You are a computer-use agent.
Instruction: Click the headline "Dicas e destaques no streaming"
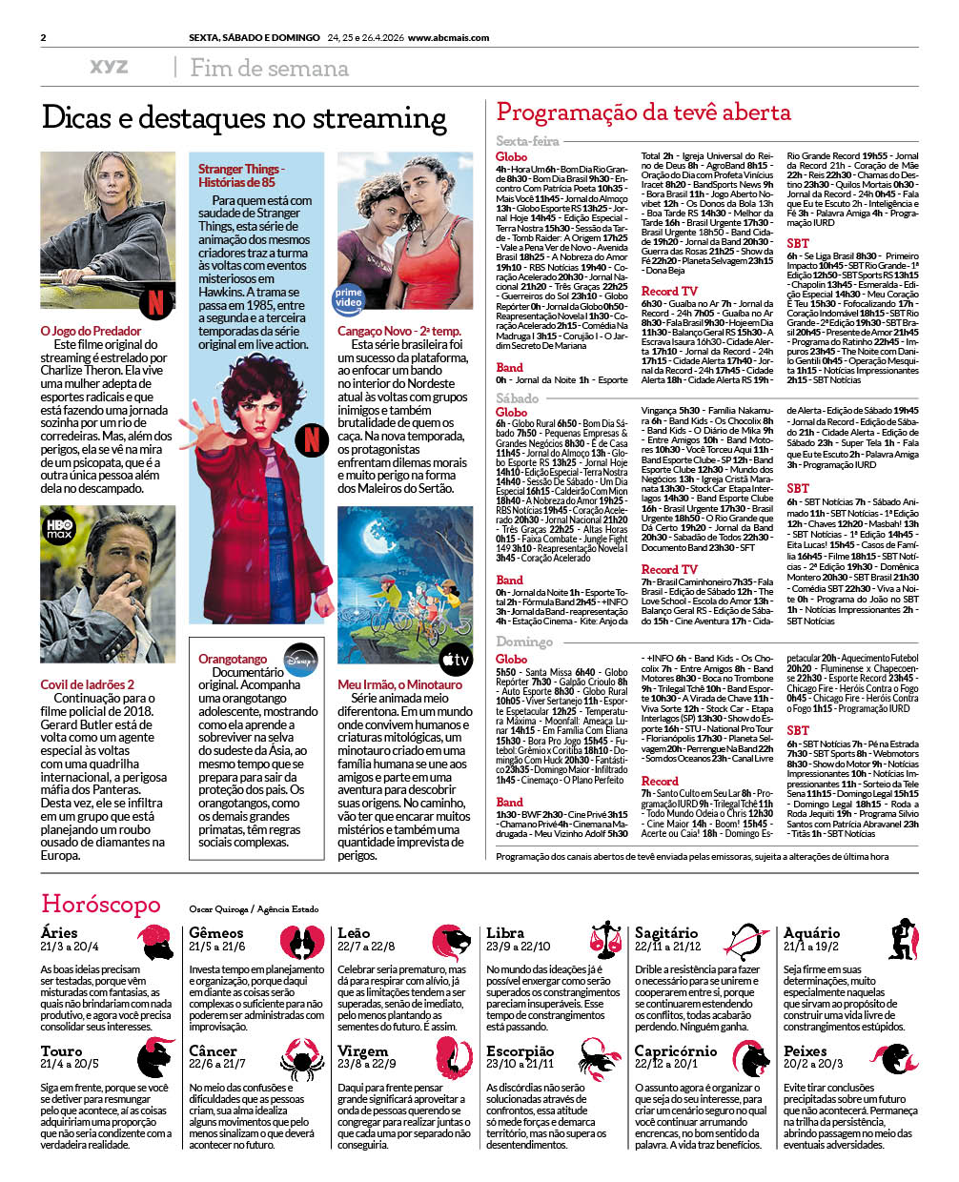coord(244,119)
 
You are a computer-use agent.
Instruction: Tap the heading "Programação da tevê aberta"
coord(643,112)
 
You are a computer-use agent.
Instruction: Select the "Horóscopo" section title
coord(100,903)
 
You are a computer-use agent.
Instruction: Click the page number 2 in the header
coord(44,38)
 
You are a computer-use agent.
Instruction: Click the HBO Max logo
coord(59,525)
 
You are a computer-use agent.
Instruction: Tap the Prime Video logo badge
coord(349,298)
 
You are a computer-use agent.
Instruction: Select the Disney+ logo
coord(300,657)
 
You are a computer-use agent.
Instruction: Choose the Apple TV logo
coord(455,658)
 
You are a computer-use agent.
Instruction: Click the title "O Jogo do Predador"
coord(91,331)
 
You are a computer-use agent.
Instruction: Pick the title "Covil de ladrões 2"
coord(87,684)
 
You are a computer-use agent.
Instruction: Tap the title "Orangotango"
coord(233,659)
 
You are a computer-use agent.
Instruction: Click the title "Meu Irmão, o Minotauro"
coord(399,684)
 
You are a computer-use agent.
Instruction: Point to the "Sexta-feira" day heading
coord(527,141)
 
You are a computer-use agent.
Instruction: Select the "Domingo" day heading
coord(523,642)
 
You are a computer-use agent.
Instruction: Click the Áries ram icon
coord(154,941)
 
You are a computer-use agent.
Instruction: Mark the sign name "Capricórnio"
coord(675,1050)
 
